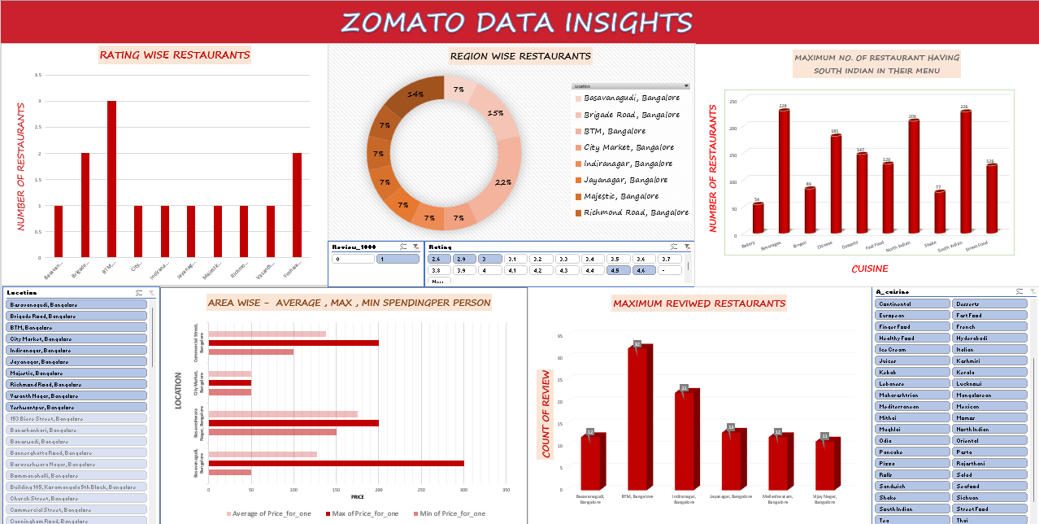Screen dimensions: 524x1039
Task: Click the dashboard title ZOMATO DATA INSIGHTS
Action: coord(517,22)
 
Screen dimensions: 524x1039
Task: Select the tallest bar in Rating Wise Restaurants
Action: coord(111,179)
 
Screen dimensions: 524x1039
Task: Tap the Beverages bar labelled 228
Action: coord(784,171)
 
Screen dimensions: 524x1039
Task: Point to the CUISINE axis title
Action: coord(869,269)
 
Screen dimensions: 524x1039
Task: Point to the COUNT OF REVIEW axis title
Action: coord(547,414)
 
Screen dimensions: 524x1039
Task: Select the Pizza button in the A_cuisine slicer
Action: coord(913,463)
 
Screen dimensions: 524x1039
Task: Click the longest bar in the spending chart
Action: coord(336,463)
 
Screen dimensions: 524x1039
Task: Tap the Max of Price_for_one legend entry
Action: coord(363,513)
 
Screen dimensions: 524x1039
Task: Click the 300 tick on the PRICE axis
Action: coord(463,490)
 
